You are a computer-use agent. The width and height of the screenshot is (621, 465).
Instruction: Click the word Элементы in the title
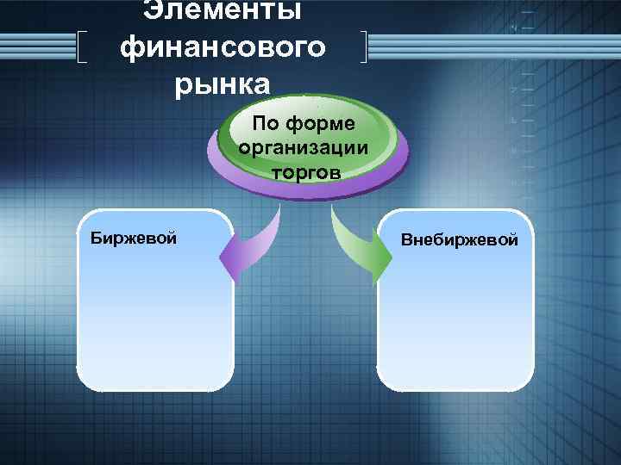coord(223,10)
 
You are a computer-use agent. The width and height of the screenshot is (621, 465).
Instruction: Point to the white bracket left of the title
coord(82,47)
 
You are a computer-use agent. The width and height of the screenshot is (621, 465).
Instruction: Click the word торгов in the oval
coord(305,170)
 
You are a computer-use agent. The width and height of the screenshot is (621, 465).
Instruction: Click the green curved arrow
coord(354,241)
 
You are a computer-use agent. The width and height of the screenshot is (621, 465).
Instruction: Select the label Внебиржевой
coord(459,239)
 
